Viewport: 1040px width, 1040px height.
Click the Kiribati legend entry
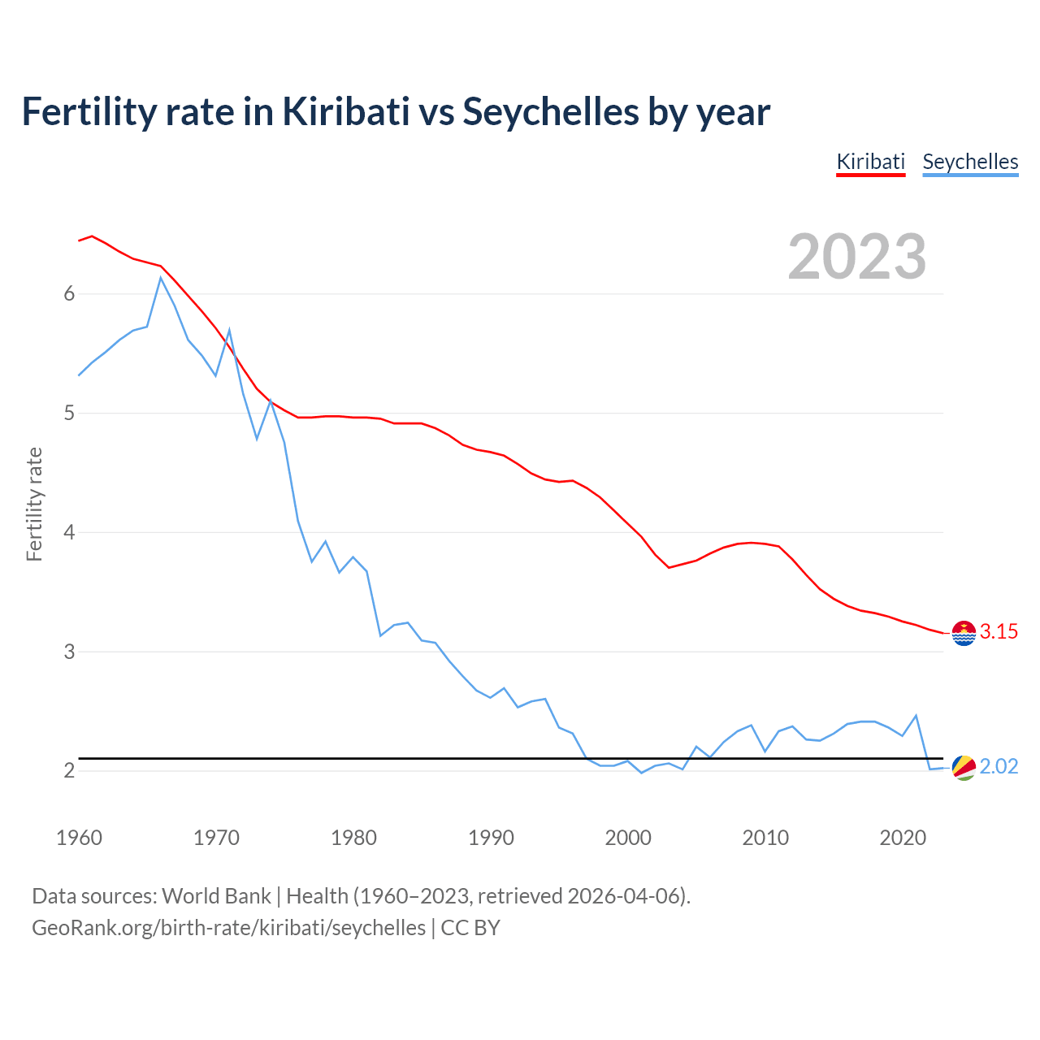tap(870, 162)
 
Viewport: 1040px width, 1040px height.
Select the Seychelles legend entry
tap(970, 162)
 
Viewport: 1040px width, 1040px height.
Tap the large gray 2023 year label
tap(857, 257)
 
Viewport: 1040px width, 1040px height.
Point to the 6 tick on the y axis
tap(69, 293)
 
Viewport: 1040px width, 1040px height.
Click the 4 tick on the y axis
tap(69, 532)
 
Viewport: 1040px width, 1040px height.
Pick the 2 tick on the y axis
tap(69, 770)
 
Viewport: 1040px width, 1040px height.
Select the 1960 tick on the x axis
tap(79, 838)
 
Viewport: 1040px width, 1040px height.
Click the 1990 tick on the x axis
tap(491, 838)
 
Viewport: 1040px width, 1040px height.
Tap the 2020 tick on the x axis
tap(903, 838)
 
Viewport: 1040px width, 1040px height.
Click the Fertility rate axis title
tap(34, 504)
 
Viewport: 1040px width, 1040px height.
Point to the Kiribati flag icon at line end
tap(964, 632)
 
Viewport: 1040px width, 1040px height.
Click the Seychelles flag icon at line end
tap(964, 767)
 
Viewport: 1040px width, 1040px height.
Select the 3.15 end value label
tap(999, 631)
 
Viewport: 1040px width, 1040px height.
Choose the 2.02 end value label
tap(999, 766)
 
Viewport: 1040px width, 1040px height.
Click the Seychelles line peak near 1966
tap(161, 278)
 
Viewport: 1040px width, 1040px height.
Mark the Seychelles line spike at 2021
tap(916, 716)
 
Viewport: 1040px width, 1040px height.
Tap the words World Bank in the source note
tap(216, 895)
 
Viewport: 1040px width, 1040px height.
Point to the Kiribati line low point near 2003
tap(669, 567)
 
